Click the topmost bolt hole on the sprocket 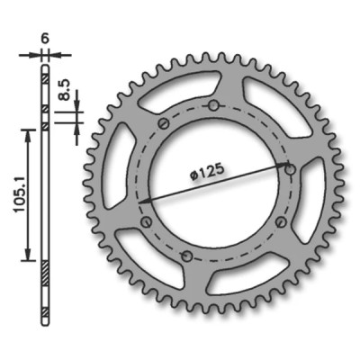[x=212, y=107]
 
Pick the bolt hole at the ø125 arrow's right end [x=289, y=168]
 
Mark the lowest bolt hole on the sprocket [x=186, y=257]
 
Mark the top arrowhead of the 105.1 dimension [x=30, y=132]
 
